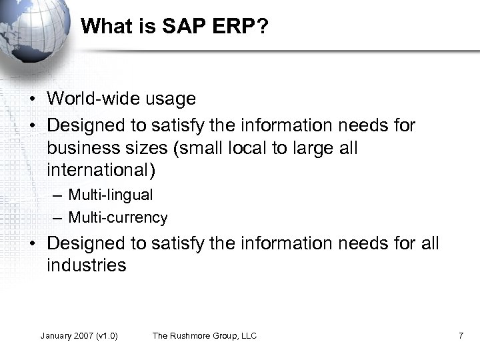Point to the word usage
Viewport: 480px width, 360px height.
coord(171,99)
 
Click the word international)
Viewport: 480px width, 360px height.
coord(101,171)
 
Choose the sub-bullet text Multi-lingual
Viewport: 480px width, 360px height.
coord(111,195)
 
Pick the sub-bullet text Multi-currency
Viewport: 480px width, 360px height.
coord(118,217)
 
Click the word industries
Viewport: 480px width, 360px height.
coord(86,265)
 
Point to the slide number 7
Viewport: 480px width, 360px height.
coord(461,335)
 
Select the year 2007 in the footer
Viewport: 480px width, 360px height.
coord(85,335)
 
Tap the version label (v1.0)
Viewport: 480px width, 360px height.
coord(107,335)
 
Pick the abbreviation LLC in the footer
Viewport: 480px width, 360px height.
coord(248,335)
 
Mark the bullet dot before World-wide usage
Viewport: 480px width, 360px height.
coord(33,99)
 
